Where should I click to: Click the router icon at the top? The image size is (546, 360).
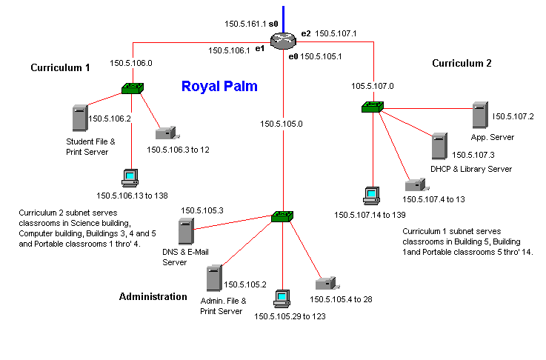[283, 41]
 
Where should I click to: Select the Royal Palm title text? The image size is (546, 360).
[219, 87]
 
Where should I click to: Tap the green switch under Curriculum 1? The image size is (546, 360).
[133, 89]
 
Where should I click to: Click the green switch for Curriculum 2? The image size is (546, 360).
[372, 107]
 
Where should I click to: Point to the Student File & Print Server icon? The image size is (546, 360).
[79, 119]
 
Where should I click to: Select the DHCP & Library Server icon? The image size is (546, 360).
[440, 146]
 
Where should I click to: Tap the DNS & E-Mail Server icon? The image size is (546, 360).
[185, 232]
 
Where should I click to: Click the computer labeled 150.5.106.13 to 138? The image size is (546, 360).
[130, 179]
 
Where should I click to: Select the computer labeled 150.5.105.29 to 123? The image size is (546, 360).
[281, 299]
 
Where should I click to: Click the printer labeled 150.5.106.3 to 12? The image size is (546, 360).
[166, 134]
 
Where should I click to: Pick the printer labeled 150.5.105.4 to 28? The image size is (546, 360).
[324, 284]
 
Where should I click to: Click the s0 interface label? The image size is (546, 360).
[273, 24]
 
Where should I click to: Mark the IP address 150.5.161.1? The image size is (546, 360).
[244, 24]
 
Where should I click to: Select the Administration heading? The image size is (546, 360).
[153, 297]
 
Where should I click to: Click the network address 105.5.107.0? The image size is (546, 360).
[372, 86]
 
